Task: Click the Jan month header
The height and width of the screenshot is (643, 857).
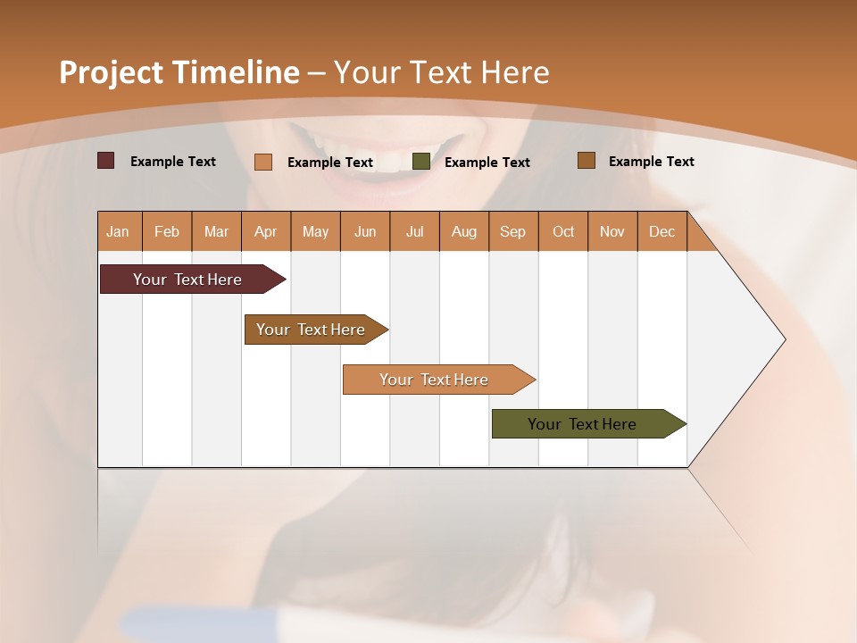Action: tap(118, 231)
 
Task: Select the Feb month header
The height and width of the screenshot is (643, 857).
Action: tap(167, 231)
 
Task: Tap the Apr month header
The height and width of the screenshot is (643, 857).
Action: tap(265, 231)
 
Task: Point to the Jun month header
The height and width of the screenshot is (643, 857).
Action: tap(365, 231)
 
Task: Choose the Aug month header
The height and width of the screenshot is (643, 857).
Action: tap(463, 231)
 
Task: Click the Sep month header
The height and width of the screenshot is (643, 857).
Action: tap(512, 231)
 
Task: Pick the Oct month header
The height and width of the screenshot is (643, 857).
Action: tap(563, 231)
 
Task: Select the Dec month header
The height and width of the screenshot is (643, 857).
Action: tap(661, 231)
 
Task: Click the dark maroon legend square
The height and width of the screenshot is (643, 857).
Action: tap(105, 161)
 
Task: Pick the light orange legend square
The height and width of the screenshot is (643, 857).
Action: tap(262, 162)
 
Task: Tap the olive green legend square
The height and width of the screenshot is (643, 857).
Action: tap(421, 162)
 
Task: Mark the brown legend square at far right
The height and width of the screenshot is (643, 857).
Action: tap(586, 161)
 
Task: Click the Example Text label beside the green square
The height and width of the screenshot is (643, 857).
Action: tap(487, 163)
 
